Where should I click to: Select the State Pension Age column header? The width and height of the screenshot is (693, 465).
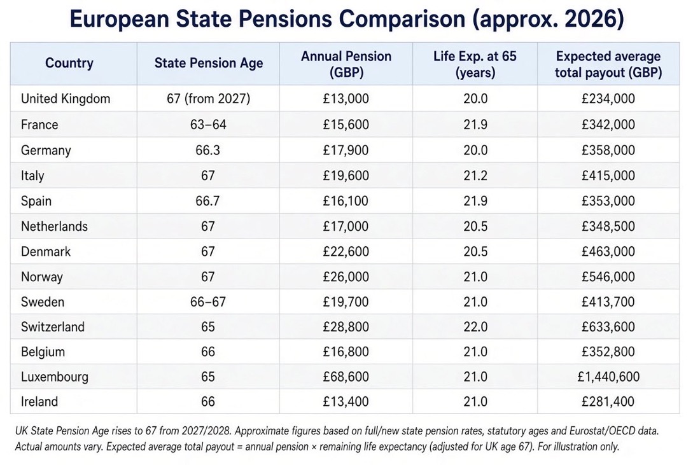209,63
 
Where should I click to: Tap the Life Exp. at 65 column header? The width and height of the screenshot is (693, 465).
475,64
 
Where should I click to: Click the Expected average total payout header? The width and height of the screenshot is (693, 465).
608,64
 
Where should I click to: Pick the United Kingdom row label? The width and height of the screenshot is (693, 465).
66,99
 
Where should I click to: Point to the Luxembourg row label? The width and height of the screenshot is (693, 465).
54,377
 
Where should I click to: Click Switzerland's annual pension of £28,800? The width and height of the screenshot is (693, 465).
346,327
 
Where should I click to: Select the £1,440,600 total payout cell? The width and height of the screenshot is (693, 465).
608,377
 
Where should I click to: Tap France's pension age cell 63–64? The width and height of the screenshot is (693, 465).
208,125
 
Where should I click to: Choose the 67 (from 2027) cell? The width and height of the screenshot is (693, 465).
208,99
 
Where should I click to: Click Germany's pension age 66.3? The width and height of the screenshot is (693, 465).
207,150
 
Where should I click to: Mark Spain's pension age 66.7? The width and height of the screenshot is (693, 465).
207,201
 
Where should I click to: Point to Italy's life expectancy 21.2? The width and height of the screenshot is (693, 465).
475,176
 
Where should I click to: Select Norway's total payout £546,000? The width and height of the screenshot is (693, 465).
608,277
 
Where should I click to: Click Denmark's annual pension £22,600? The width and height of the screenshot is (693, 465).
346,251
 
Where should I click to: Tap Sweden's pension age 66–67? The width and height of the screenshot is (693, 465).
208,302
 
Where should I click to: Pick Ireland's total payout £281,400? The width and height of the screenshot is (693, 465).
608,401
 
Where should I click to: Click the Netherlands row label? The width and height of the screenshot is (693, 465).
54,226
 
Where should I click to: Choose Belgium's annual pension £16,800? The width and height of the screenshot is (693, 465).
346,352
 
